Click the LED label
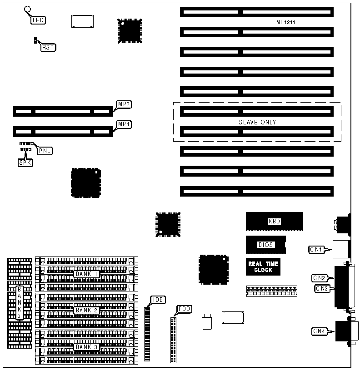[38, 20]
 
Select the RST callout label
[48, 47]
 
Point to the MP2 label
[124, 104]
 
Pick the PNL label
[44, 151]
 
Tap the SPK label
[25, 162]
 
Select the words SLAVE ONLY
[257, 122]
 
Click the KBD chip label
[275, 222]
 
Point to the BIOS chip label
[266, 245]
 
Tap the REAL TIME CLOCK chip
[263, 266]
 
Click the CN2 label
[319, 277]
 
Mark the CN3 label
[321, 288]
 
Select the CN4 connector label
[319, 331]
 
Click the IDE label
[159, 300]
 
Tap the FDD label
[184, 309]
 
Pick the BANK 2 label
[87, 310]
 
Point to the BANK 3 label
[87, 346]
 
